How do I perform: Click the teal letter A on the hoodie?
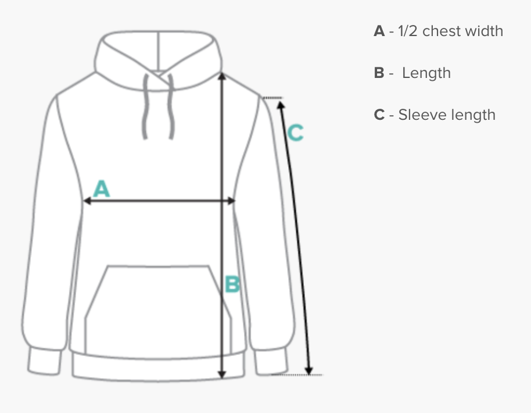pyautogui.click(x=102, y=189)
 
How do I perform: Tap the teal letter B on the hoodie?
pyautogui.click(x=232, y=284)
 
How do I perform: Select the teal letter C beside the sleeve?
pyautogui.click(x=295, y=133)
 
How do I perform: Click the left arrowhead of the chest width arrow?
pyautogui.click(x=86, y=201)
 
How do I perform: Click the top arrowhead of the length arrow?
pyautogui.click(x=221, y=76)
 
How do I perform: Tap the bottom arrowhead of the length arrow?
pyautogui.click(x=221, y=375)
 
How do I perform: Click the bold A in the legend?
pyautogui.click(x=379, y=31)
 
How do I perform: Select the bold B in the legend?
pyautogui.click(x=379, y=73)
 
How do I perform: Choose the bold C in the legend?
pyautogui.click(x=379, y=115)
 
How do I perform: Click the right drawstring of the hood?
pyautogui.click(x=171, y=108)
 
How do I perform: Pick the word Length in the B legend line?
pyautogui.click(x=426, y=73)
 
